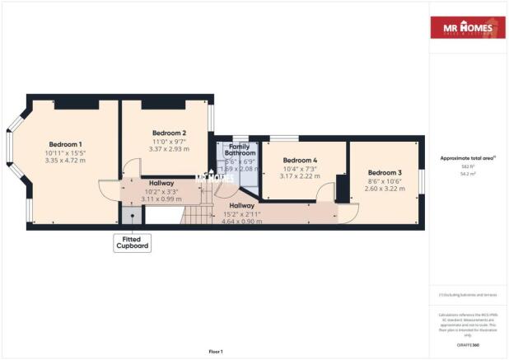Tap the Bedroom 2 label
(169, 133)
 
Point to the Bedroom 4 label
(300, 160)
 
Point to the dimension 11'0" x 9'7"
(169, 142)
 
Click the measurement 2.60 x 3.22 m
(381, 189)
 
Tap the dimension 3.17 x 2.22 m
(300, 176)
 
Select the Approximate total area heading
(466, 159)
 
